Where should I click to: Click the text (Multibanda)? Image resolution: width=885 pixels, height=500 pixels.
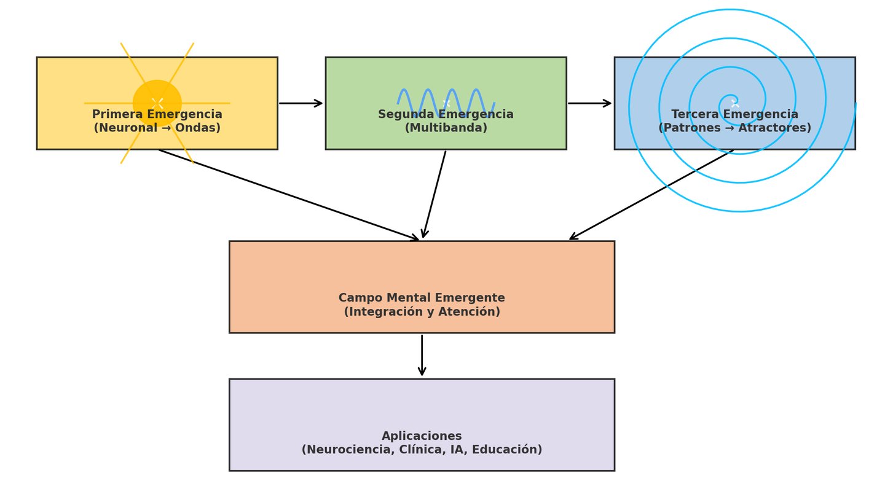pyautogui.click(x=446, y=128)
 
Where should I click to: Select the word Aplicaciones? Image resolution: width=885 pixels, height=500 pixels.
pyautogui.click(x=422, y=436)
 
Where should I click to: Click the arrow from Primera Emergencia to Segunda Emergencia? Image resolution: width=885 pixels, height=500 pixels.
pyautogui.click(x=301, y=103)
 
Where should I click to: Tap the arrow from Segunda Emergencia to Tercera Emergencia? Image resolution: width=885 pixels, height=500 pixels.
pyautogui.click(x=589, y=103)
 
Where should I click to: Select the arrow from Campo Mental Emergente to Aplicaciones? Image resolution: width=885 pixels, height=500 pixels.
pyautogui.click(x=422, y=355)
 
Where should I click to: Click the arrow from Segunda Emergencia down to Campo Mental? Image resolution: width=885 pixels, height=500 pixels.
pyautogui.click(x=434, y=194)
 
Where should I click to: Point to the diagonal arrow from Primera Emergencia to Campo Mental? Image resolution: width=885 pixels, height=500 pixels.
pyautogui.click(x=289, y=195)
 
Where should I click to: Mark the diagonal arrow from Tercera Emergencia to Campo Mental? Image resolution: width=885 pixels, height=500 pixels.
pyautogui.click(x=651, y=195)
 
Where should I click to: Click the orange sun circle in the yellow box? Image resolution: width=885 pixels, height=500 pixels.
pyautogui.click(x=157, y=103)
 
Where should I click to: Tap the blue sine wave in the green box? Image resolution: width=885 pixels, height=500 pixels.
pyautogui.click(x=446, y=103)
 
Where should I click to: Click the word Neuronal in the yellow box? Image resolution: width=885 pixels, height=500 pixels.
pyautogui.click(x=120, y=128)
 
